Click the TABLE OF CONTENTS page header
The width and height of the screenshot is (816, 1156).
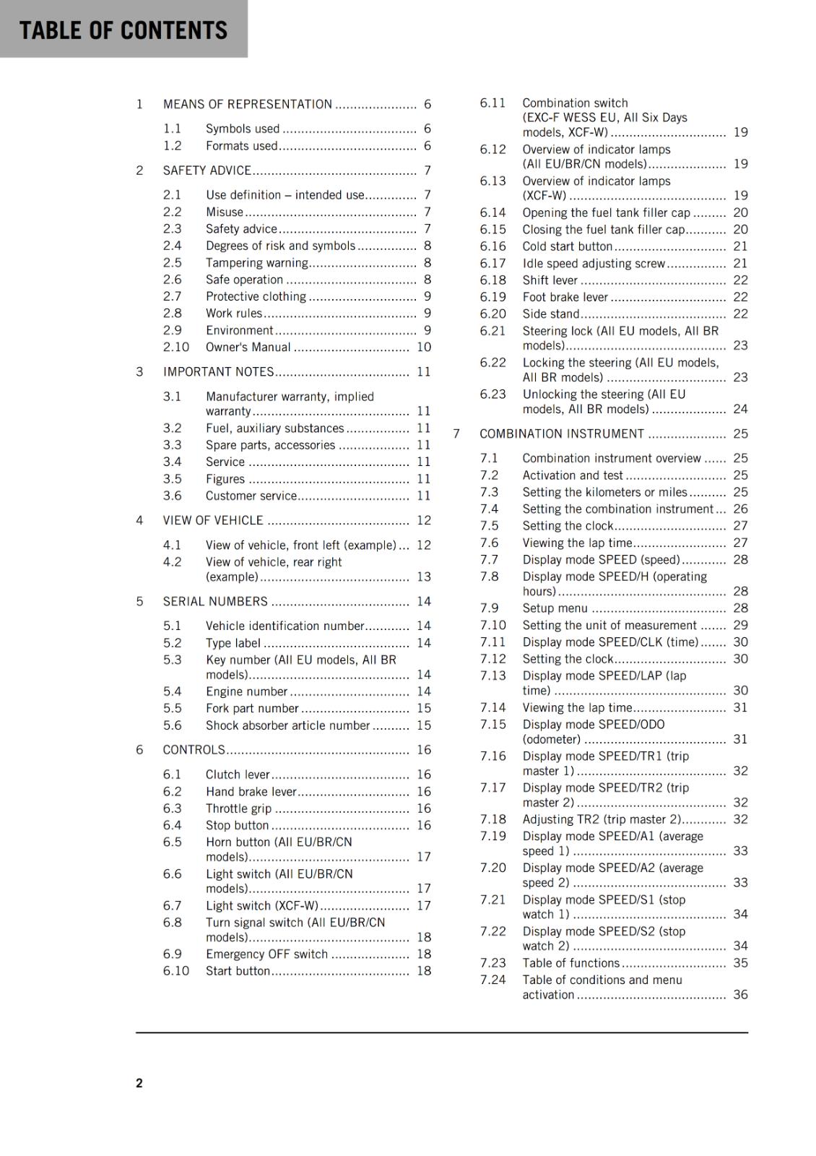point(123,30)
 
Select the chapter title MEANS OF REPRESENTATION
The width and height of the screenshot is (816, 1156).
point(247,104)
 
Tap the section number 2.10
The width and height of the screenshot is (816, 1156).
point(175,347)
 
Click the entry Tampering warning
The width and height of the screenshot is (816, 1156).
point(256,263)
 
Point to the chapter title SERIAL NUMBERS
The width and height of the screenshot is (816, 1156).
point(215,601)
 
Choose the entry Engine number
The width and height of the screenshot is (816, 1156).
point(246,691)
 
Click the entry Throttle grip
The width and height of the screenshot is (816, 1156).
point(238,808)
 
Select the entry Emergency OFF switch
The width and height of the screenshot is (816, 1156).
point(266,954)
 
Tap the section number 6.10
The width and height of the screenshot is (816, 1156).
point(175,970)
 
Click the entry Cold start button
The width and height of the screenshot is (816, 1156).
point(567,246)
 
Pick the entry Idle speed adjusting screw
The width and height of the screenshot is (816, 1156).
point(594,264)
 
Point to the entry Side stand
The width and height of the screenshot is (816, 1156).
point(550,314)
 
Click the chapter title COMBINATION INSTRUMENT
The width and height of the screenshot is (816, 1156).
point(562,433)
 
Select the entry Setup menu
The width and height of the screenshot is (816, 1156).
point(555,608)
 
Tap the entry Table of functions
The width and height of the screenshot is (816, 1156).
point(570,962)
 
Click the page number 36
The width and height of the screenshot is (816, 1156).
point(740,994)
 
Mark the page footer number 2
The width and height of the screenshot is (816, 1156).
point(139,1082)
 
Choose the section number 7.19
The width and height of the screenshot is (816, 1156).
point(492,836)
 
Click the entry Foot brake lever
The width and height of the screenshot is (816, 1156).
point(565,297)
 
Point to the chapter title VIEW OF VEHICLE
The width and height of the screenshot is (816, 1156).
point(213,520)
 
